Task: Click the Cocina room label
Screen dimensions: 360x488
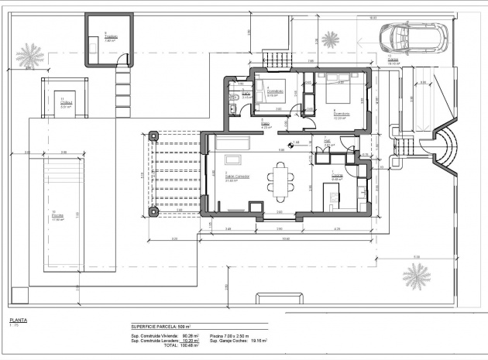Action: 337,177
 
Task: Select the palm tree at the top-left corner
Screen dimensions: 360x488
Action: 29,55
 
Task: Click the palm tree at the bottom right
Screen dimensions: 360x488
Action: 417,275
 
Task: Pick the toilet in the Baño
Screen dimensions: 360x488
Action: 233,97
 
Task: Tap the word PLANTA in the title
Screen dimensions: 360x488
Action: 19,320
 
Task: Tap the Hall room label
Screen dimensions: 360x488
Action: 328,142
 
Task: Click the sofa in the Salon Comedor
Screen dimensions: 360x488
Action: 233,143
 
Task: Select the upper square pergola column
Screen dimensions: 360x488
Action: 153,135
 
